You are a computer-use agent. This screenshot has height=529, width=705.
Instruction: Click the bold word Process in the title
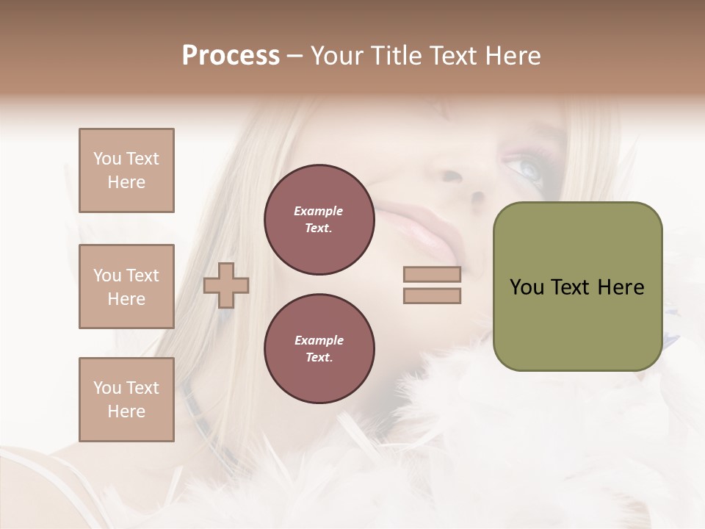(x=231, y=56)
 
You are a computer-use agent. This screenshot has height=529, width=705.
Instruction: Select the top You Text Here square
(x=126, y=170)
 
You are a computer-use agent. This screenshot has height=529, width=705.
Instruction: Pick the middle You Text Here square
(x=126, y=287)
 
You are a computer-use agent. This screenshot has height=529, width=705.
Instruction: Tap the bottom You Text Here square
(x=126, y=400)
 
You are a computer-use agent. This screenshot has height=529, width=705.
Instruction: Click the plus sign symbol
(x=226, y=285)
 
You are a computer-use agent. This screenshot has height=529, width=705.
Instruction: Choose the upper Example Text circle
(x=319, y=220)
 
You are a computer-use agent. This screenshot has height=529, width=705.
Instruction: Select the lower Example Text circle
(x=319, y=349)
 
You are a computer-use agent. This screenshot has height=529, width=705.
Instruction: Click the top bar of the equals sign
(x=432, y=275)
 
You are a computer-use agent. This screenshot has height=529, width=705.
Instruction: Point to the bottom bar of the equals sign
(x=432, y=296)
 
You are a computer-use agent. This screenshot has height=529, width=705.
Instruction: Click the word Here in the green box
(x=621, y=287)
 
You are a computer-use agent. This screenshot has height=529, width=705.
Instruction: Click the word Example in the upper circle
(x=319, y=211)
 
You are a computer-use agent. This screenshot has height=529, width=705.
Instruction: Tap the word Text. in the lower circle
(x=319, y=358)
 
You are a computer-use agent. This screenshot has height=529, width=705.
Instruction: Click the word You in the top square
(x=106, y=159)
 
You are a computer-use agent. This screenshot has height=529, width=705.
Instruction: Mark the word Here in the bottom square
(x=126, y=411)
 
